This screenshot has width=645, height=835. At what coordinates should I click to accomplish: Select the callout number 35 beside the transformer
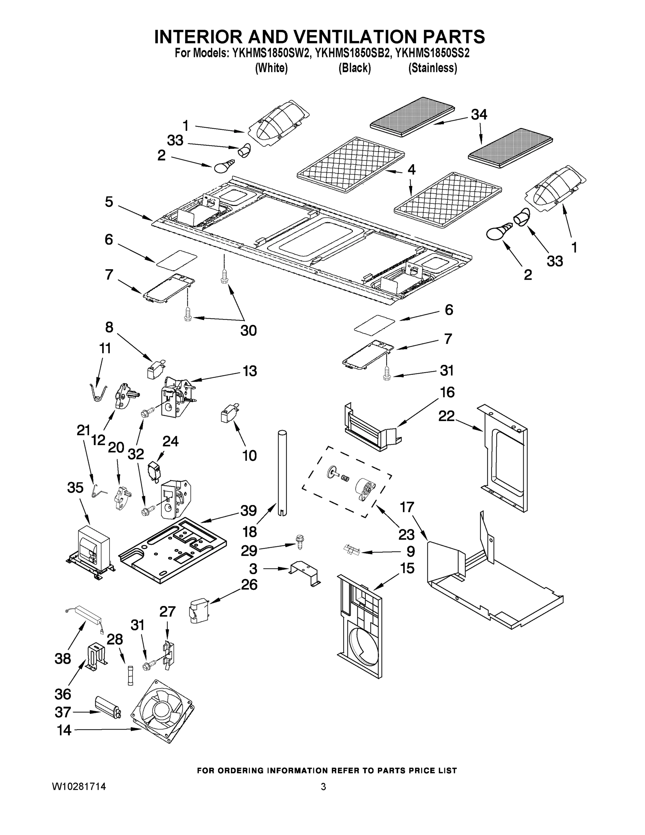click(75, 487)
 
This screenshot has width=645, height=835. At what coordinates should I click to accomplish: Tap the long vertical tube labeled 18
click(282, 474)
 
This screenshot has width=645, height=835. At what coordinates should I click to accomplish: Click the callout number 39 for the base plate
click(248, 510)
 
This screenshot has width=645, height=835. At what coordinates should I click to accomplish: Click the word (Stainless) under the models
click(433, 68)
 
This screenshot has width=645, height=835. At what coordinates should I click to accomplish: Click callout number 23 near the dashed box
click(406, 534)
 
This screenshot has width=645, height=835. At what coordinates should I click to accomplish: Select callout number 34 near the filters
click(479, 114)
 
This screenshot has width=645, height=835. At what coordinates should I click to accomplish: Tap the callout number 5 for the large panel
click(109, 202)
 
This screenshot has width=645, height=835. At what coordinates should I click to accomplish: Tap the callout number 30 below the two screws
click(248, 330)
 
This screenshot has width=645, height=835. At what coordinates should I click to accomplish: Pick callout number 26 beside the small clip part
click(249, 584)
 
